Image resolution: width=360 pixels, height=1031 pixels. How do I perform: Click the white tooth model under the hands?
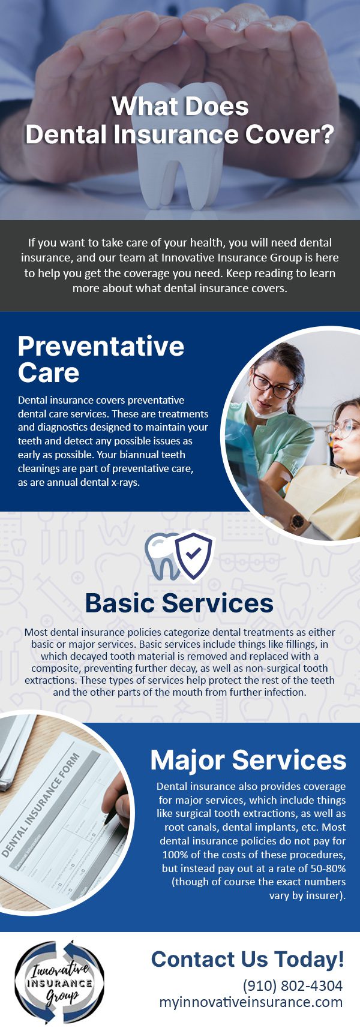point(180,174)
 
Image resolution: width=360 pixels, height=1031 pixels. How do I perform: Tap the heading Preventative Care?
point(101,359)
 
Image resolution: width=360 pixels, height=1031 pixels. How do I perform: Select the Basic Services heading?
point(179,603)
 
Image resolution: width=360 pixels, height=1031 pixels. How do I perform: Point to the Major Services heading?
point(248,760)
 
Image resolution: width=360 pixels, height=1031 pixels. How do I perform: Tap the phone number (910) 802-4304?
point(292,985)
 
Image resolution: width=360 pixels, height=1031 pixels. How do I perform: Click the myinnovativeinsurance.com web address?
point(251,1002)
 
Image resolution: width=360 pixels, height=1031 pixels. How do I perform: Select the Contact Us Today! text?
point(247,959)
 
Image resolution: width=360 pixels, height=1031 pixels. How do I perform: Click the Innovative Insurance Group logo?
point(59,982)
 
